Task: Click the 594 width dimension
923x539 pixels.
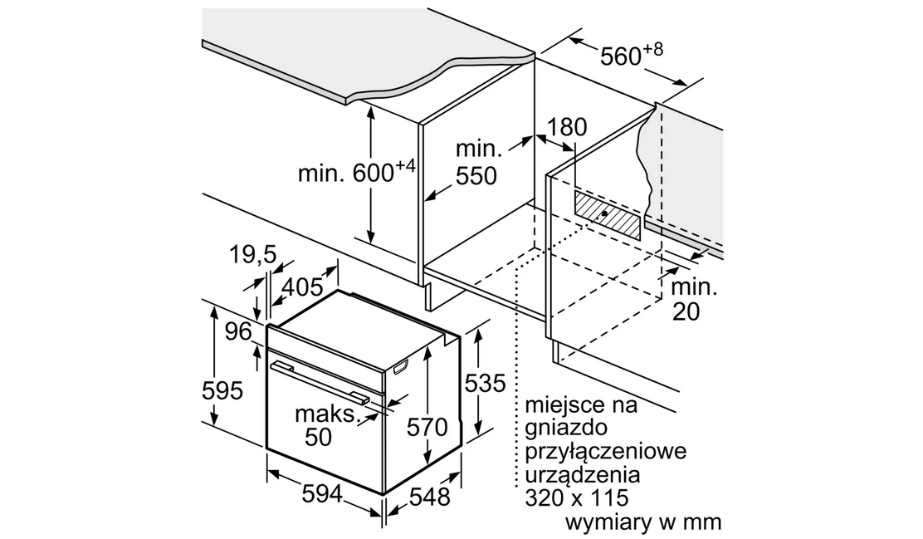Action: coord(322,493)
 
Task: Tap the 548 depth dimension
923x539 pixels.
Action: coord(430,497)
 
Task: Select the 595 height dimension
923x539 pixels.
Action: coord(222,390)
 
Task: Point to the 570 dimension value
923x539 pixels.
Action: coord(427,427)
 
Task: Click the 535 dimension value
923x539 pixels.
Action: coord(485,384)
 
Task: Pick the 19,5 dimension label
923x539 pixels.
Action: coord(252,254)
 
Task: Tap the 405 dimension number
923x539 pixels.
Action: coord(303,287)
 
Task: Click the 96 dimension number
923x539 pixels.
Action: coord(238,332)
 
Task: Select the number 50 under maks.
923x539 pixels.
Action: coord(319,437)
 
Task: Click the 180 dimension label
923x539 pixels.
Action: coord(568,126)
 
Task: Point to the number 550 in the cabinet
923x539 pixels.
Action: coord(476,176)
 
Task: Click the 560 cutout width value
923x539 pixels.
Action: coord(620,56)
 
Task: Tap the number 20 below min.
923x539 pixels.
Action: coord(686,311)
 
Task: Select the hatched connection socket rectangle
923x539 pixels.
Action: coord(607,216)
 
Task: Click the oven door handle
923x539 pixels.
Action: coord(320,382)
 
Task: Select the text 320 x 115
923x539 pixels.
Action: coord(577,498)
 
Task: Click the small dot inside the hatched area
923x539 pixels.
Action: coord(604,213)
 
